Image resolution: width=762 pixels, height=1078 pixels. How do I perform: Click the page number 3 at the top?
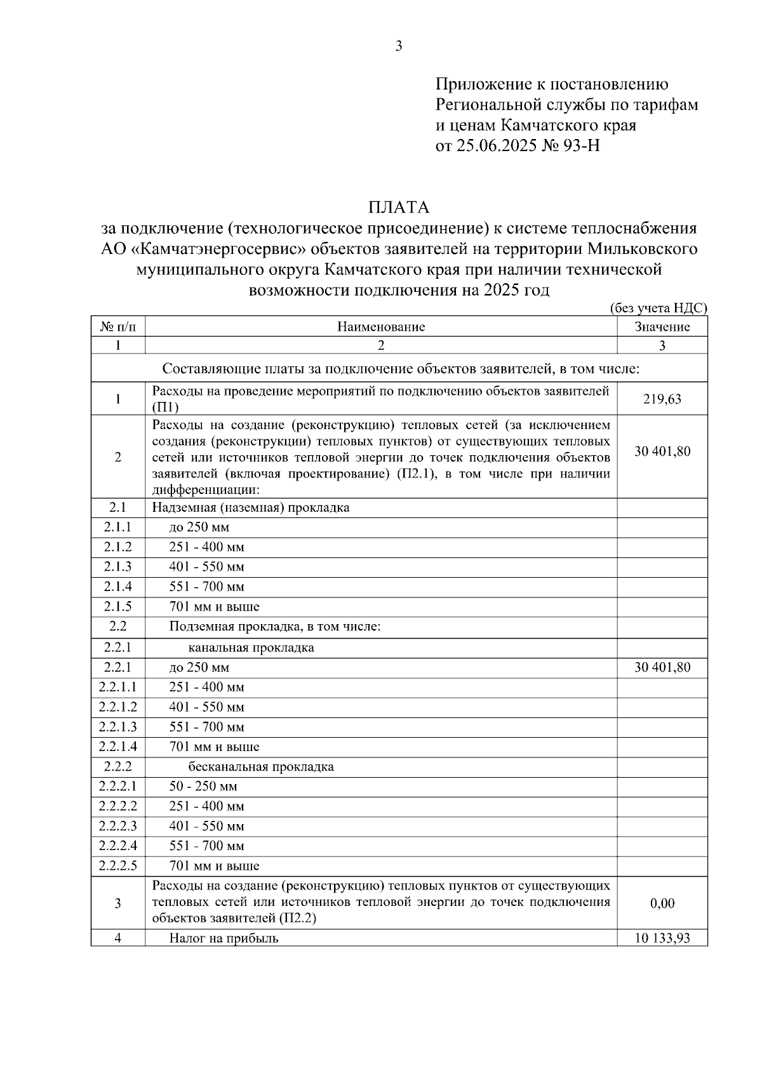point(399,46)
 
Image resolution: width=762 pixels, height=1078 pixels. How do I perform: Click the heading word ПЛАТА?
point(399,208)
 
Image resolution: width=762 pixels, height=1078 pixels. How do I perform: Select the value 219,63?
point(662,399)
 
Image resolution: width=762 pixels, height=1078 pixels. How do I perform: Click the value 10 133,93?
point(662,938)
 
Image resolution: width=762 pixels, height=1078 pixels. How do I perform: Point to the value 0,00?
point(662,903)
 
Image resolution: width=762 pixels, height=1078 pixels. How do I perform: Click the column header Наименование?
point(381,327)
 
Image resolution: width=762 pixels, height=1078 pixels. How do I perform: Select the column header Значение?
point(662,327)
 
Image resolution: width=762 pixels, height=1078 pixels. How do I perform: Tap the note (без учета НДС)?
point(658,308)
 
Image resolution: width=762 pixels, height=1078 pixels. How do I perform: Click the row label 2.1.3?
point(118,566)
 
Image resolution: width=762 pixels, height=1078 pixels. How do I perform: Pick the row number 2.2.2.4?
point(118,846)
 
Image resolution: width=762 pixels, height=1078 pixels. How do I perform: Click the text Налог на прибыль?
point(224,938)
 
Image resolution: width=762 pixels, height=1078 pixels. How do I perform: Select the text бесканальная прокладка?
point(261,766)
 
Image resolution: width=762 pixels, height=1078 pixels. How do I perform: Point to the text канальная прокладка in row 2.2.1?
point(251,648)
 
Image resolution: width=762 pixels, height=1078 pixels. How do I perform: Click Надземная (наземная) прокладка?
point(251,507)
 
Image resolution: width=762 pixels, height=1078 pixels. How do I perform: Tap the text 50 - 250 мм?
point(203,786)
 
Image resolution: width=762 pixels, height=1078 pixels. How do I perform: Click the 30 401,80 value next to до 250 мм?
point(662,667)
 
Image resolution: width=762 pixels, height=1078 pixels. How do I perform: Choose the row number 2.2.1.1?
point(118,687)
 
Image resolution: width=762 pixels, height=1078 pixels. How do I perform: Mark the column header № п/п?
point(118,327)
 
